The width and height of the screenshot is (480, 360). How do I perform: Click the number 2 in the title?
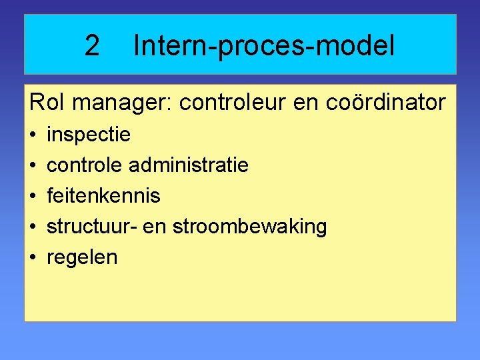[x=92, y=46]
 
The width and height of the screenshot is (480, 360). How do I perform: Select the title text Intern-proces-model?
[x=264, y=46]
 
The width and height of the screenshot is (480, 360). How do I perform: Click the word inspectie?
[x=88, y=135]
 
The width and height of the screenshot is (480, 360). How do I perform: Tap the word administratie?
[x=188, y=165]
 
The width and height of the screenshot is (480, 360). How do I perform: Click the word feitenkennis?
[x=103, y=195]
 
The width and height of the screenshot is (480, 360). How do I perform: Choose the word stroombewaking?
[x=249, y=227]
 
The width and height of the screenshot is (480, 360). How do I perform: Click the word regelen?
[x=81, y=257]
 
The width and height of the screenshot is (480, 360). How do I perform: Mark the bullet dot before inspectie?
[x=33, y=135]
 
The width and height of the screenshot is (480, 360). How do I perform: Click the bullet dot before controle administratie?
[x=33, y=165]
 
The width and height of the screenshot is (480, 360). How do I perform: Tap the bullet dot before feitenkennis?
[x=33, y=196]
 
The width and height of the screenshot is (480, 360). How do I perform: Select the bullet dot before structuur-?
[x=33, y=227]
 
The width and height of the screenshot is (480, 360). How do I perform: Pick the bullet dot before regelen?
[x=33, y=257]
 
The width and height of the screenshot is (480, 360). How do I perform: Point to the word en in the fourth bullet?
[x=157, y=227]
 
